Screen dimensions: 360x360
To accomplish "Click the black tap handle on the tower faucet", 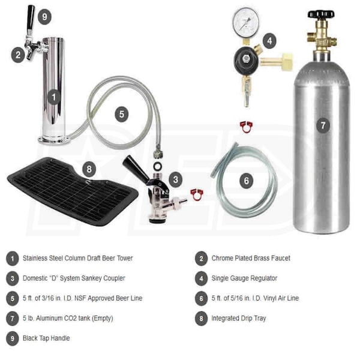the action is coord(31,17).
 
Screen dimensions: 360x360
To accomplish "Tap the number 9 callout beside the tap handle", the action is coord(44,17).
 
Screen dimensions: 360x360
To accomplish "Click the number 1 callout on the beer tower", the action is coord(54,97).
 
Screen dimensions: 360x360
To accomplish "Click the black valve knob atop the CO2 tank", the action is coord(321,14).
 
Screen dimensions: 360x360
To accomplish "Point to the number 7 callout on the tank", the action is coord(323,125).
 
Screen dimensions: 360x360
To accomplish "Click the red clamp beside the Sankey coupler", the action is coord(197,194).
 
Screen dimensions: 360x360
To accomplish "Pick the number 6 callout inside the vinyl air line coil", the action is coord(246,181).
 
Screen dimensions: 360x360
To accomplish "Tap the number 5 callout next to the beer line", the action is coord(122,114).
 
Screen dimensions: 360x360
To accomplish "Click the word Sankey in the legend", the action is coord(92,278).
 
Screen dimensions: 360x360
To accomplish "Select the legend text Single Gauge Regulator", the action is coord(244,278).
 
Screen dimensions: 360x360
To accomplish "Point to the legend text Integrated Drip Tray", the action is coord(239,318).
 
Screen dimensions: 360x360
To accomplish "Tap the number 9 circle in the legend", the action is coord(13,338).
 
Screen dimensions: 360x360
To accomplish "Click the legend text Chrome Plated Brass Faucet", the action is coord(251,258).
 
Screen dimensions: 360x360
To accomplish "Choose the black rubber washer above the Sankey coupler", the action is coord(158,166).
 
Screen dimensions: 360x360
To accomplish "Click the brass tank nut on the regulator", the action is coord(287,61).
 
